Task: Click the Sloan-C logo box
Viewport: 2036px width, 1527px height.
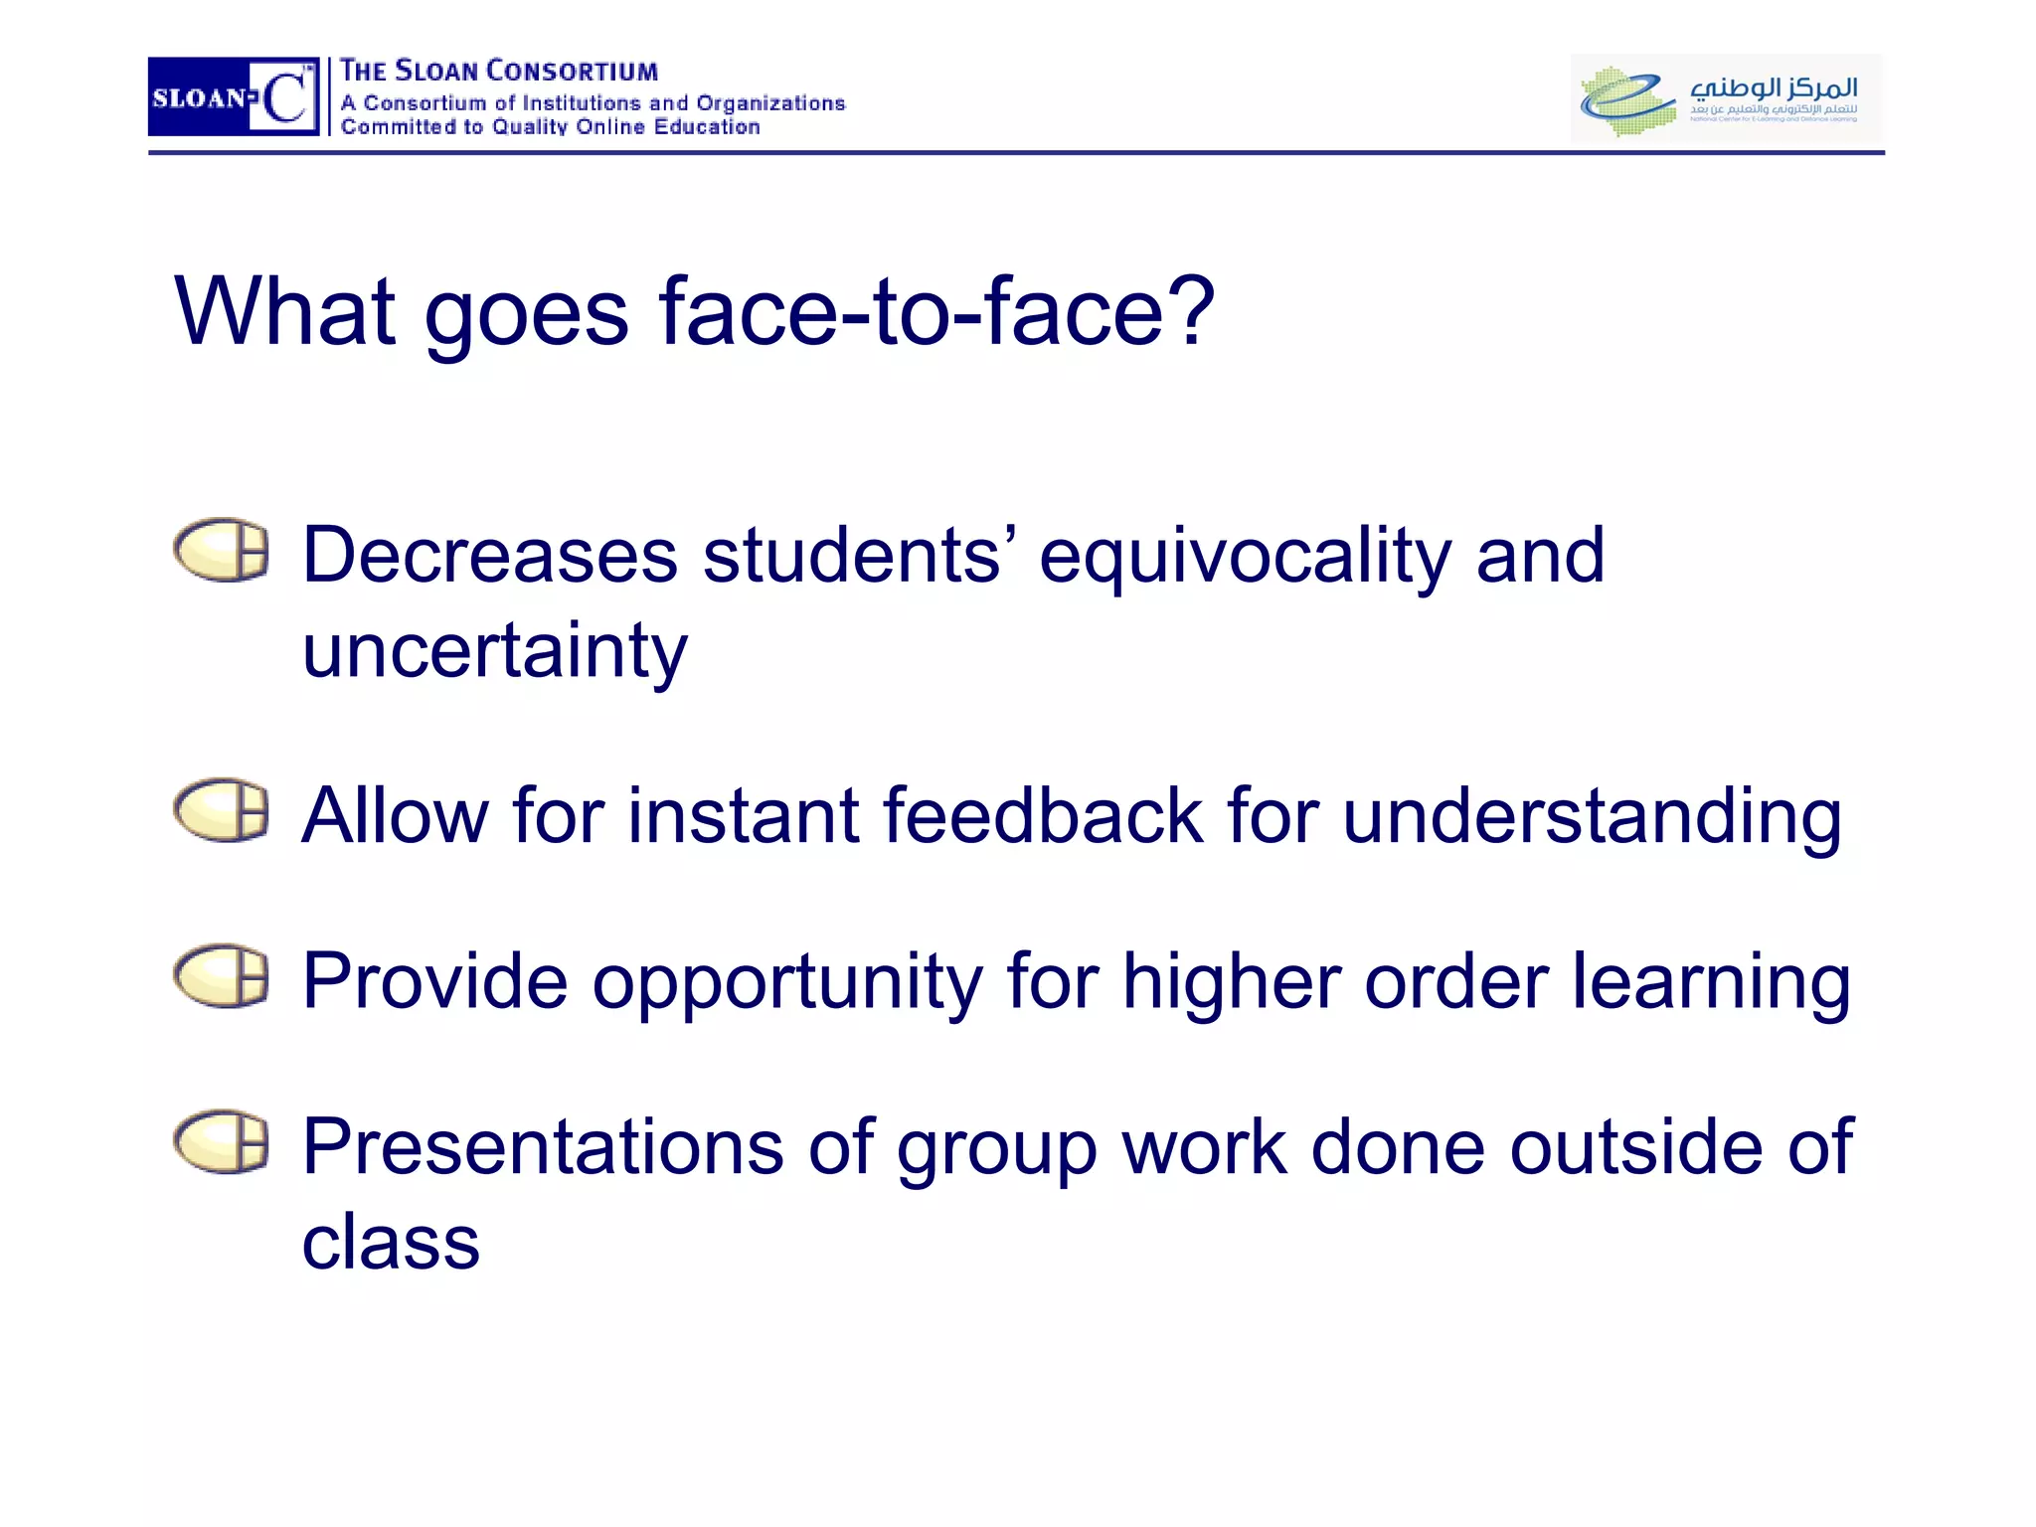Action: coord(233,96)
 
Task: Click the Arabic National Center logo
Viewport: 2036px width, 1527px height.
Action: coord(1725,97)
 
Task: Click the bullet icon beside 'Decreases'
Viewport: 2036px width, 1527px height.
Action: coord(221,550)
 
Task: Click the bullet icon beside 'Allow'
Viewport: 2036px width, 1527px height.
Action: coord(221,810)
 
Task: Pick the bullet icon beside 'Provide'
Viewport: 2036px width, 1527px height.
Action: coord(221,976)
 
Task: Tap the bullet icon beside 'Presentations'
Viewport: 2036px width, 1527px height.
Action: coord(221,1142)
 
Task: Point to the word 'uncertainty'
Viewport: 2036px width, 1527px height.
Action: coord(494,652)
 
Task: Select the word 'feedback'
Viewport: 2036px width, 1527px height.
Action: coord(1043,816)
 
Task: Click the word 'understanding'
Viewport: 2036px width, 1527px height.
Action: coord(1592,818)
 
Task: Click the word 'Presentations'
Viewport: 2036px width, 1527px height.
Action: coord(543,1147)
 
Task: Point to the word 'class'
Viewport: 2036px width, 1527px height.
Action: coord(391,1243)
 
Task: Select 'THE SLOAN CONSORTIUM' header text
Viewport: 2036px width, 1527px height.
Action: coord(499,72)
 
